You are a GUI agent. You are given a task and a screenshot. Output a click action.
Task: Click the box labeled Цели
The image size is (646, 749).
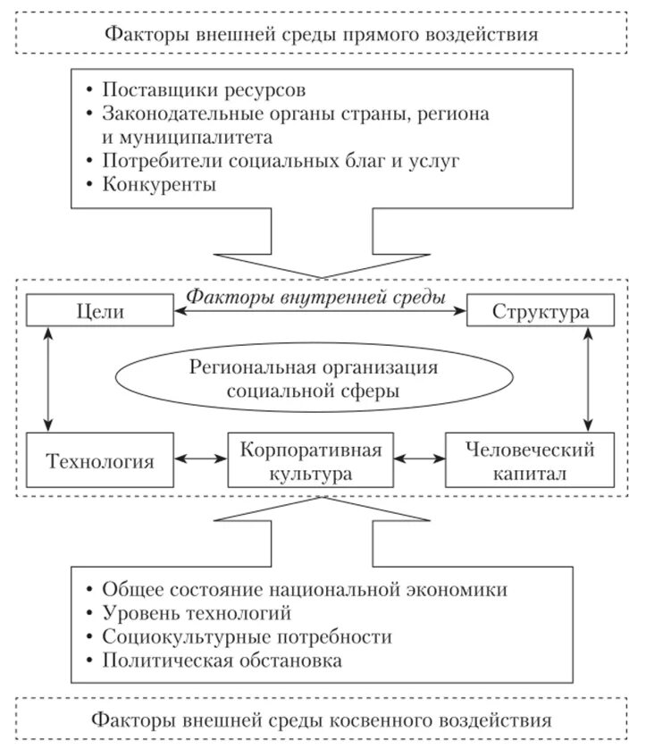click(97, 312)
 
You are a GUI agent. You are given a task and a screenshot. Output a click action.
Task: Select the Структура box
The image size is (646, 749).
click(541, 312)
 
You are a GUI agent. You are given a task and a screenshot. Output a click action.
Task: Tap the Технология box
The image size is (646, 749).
click(98, 461)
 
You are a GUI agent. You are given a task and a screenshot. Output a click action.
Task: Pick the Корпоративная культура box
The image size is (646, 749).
click(311, 460)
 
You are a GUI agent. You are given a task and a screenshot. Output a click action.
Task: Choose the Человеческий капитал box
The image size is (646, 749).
click(531, 460)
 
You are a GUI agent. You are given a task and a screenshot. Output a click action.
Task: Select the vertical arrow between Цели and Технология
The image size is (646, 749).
click(47, 379)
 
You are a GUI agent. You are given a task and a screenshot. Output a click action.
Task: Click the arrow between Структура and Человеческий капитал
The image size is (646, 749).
click(588, 379)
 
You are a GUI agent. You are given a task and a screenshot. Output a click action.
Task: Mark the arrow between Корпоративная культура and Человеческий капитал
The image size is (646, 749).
click(420, 460)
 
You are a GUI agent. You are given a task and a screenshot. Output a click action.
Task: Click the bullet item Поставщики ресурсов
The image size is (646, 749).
click(204, 91)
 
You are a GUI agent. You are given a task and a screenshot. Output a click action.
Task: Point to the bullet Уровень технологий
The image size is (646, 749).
click(197, 614)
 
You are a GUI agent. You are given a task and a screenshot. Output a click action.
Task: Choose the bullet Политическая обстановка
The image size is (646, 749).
click(222, 661)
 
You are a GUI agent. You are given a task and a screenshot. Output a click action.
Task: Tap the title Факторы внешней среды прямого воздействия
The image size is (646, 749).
click(322, 36)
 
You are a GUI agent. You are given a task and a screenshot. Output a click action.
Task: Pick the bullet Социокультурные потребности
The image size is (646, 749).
click(247, 637)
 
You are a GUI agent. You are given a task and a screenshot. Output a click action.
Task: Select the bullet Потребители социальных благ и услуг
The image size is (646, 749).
click(268, 162)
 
